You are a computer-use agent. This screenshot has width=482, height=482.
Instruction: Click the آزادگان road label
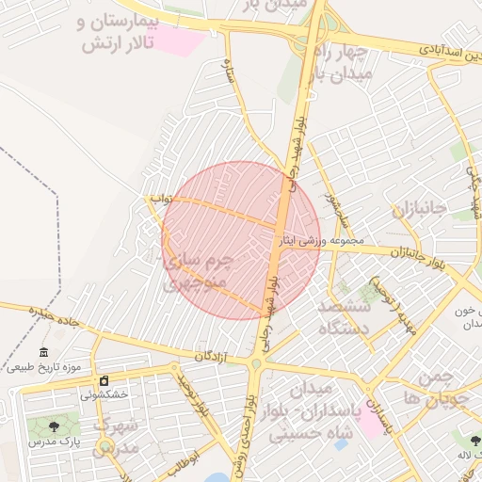(213, 357)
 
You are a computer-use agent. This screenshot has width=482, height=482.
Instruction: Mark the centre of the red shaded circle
(241, 240)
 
